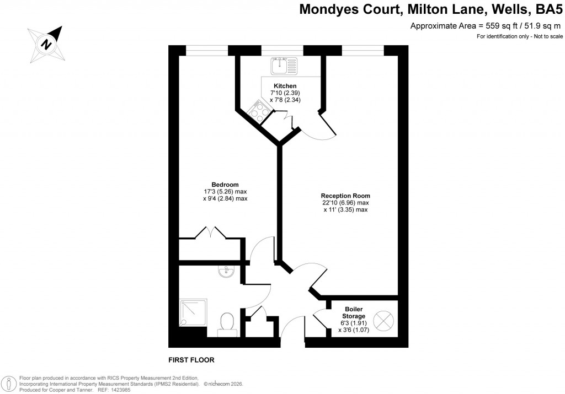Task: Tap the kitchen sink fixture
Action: point(284,66)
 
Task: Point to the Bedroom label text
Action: point(225,185)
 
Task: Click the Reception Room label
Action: point(345,196)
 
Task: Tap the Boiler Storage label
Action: point(353,312)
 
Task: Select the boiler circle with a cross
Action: point(382,319)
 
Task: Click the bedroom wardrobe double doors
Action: point(212,232)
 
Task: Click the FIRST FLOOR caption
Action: point(191,360)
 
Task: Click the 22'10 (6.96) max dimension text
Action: point(345,203)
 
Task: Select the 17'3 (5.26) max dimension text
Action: point(225,192)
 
